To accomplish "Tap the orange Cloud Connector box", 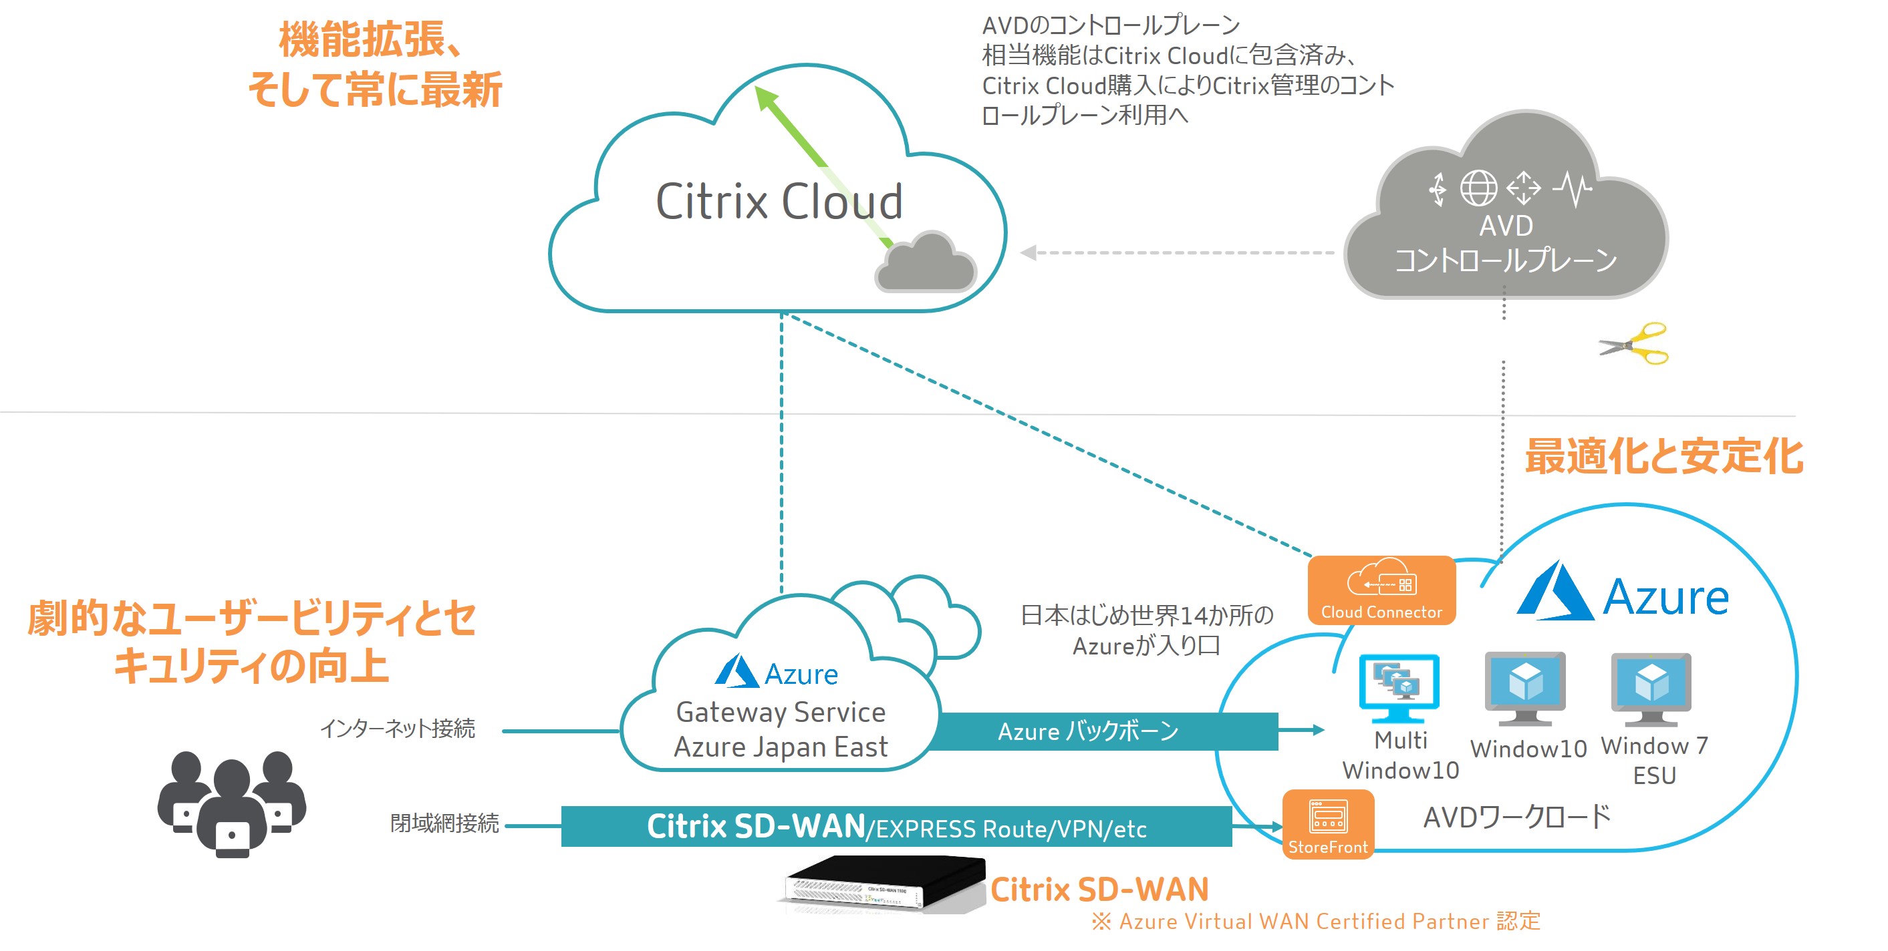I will click(x=1381, y=590).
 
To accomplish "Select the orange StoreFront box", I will click(x=1327, y=824).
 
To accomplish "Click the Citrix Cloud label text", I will click(x=779, y=202).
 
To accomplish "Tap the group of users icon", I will click(x=232, y=803).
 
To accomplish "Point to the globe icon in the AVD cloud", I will click(x=1478, y=188).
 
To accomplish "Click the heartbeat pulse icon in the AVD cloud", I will click(x=1573, y=189).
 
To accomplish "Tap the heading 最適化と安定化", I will click(x=1663, y=457).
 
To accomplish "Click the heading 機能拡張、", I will click(x=371, y=39).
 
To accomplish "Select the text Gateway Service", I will click(x=781, y=712).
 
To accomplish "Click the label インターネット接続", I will click(x=398, y=728).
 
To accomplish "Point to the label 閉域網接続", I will click(x=444, y=823).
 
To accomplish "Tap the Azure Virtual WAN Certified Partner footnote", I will click(x=1317, y=922).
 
